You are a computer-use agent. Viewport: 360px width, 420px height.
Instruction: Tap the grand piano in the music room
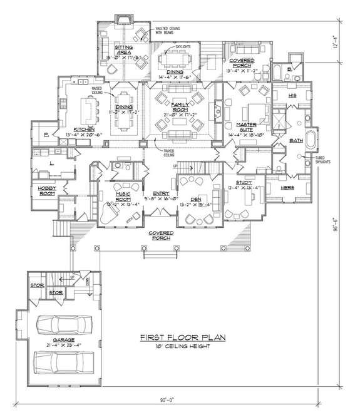click(108, 213)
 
